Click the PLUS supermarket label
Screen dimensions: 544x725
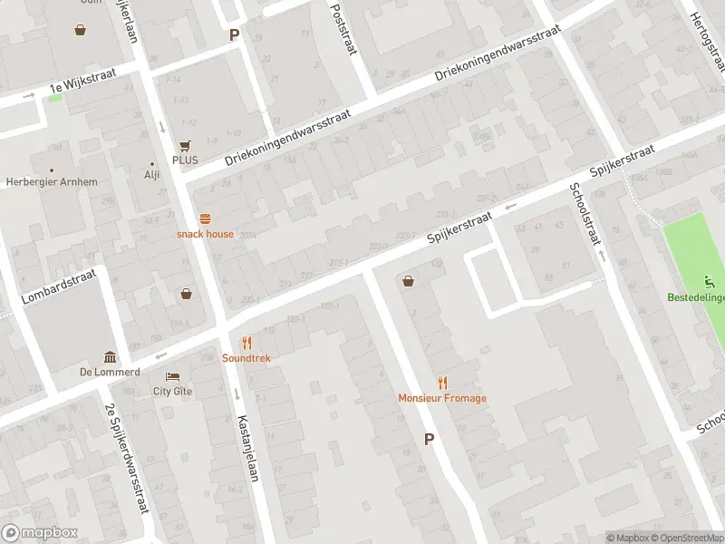point(185,160)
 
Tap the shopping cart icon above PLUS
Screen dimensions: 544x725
point(185,145)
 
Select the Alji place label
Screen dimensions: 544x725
point(151,176)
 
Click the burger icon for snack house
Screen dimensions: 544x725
point(205,219)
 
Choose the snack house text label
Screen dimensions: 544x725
point(205,234)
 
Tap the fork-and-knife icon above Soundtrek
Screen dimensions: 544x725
point(246,343)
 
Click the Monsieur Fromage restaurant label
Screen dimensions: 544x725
point(442,398)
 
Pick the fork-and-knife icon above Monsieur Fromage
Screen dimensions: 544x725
point(442,383)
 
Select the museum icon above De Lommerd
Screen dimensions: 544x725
point(110,356)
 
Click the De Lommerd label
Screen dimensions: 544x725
point(110,372)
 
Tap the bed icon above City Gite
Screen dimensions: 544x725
point(172,376)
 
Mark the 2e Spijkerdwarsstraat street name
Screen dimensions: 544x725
point(127,458)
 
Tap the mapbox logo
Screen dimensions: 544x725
point(40,533)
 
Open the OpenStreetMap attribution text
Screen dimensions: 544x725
point(687,538)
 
